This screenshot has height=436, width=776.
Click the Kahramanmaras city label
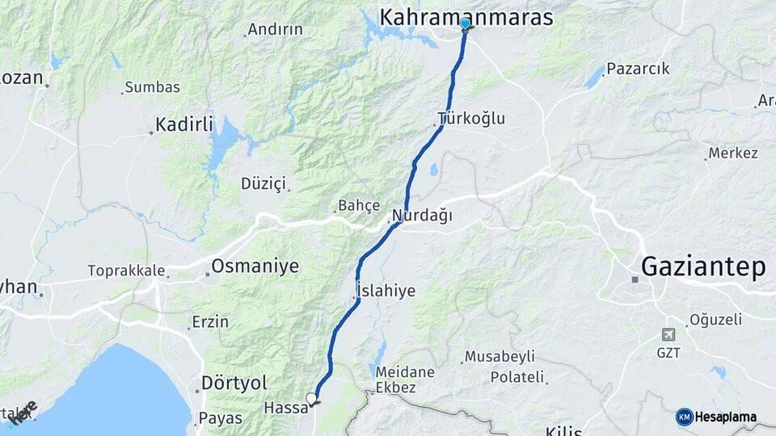tap(466, 17)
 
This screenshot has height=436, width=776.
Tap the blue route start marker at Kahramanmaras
tap(465, 23)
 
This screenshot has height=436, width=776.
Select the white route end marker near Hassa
tap(311, 397)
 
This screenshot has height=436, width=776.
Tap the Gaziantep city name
tap(702, 266)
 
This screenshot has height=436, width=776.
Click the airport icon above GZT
tap(668, 334)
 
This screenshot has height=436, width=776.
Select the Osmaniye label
tap(255, 266)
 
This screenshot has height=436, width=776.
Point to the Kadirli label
tap(184, 124)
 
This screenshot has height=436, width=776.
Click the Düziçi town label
tap(264, 183)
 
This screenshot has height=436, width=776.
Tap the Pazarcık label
tap(638, 69)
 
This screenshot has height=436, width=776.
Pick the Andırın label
tap(275, 30)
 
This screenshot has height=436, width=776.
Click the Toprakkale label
tap(126, 270)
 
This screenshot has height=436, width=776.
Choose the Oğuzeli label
tap(715, 320)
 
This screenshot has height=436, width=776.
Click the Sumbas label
tap(150, 87)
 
